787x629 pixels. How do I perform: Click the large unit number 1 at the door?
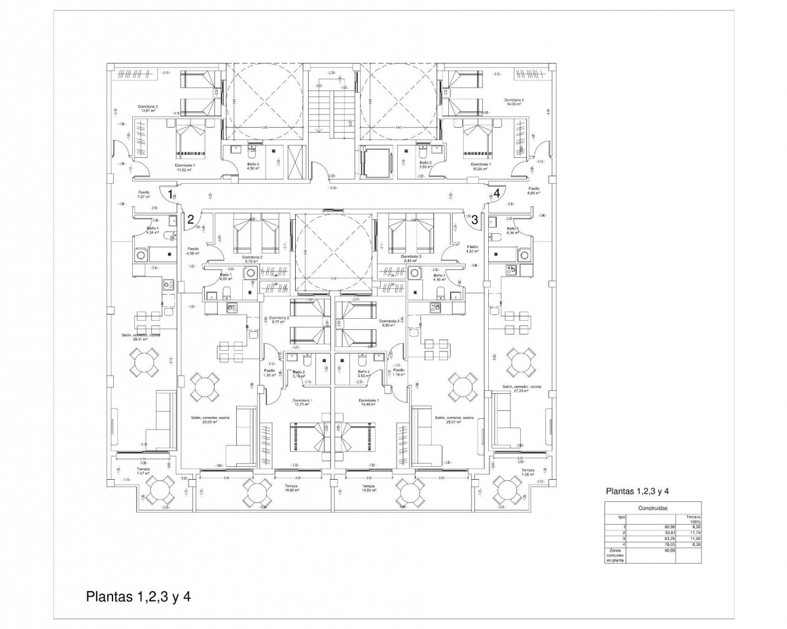[170, 194]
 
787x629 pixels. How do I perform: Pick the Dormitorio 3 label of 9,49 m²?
[411, 259]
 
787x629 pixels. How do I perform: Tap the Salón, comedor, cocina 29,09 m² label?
[210, 420]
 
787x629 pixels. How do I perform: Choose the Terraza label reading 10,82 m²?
[291, 488]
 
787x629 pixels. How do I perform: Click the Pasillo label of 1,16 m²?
[399, 372]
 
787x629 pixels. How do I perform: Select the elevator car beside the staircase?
[374, 162]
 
